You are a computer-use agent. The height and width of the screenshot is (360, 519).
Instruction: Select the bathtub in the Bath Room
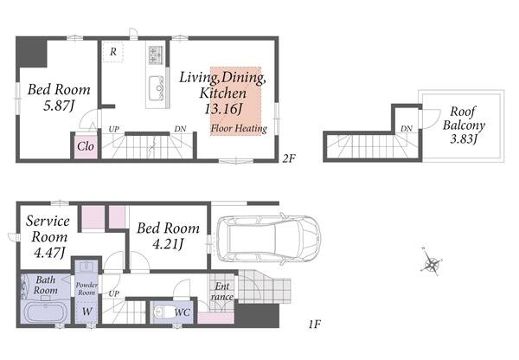45,312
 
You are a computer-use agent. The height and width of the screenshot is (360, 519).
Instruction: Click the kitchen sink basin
156,88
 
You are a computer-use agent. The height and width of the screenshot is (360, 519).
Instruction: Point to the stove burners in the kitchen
156,55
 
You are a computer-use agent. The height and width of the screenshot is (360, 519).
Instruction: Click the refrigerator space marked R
112,52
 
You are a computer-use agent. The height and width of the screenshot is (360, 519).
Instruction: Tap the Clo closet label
86,146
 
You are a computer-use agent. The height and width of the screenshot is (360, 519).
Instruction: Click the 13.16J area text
223,109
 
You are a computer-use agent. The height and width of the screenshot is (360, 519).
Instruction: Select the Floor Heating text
239,128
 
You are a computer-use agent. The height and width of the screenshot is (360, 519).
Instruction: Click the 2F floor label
288,158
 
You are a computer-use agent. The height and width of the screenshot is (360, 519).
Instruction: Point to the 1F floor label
315,325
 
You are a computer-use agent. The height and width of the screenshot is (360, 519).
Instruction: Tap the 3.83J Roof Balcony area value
464,138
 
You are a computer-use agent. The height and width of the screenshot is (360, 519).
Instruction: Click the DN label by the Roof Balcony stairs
407,128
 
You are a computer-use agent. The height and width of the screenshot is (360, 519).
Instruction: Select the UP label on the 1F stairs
114,293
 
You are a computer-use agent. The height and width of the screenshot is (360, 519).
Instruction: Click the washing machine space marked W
87,312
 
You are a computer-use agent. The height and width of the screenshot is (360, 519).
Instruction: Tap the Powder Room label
86,289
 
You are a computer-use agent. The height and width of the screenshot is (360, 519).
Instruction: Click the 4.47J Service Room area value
49,253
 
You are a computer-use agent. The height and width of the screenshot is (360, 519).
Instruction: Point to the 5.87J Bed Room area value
59,106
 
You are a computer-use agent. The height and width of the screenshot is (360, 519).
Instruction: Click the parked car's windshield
305,237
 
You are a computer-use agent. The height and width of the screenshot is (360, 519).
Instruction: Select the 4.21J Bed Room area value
168,244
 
